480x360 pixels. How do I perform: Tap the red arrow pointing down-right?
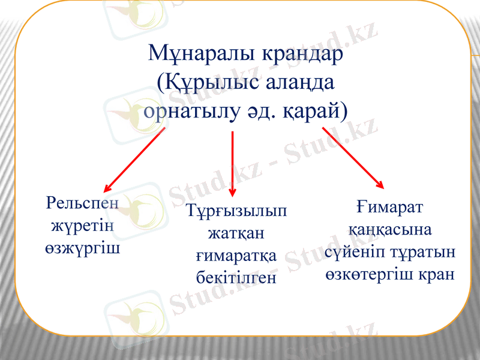click(353, 158)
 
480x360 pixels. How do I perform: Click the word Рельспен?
click(82, 203)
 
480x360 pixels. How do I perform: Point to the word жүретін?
click(82, 226)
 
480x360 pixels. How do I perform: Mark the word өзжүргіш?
click(82, 248)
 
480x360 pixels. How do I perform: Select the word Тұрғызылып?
click(236, 211)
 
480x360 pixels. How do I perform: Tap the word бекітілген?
click(236, 277)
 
